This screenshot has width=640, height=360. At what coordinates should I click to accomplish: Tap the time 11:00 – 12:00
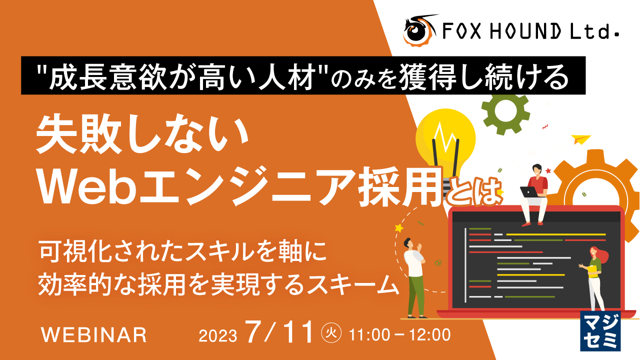click(400, 333)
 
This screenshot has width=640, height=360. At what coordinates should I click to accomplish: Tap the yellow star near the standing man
click(398, 228)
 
